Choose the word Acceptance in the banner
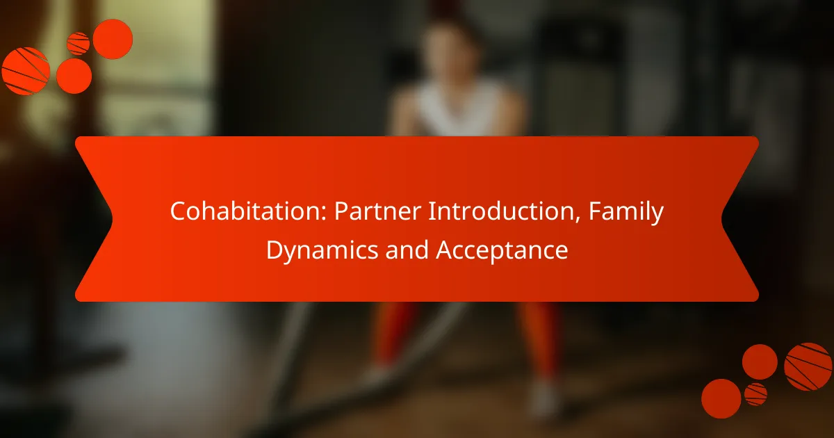coord(502,250)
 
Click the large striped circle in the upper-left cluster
coord(25,71)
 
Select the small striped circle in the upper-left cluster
coord(78,44)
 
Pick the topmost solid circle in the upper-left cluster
coord(113,39)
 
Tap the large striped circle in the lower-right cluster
coord(808,366)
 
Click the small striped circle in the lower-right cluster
coord(755,394)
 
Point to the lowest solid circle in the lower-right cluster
coord(721,398)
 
